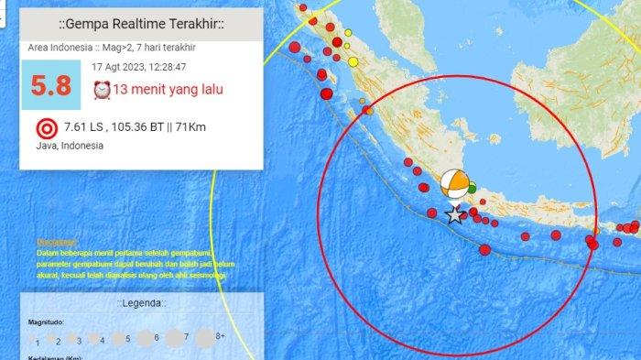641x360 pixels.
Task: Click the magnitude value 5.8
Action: pos(51,85)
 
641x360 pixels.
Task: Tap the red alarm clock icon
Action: pos(102,90)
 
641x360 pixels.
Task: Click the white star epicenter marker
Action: pos(454,215)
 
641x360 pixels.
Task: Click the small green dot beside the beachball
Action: pos(473,189)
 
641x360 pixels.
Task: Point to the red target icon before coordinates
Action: pos(45,128)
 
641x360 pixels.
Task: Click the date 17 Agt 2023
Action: pos(124,67)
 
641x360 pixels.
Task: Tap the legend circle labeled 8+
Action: pos(204,337)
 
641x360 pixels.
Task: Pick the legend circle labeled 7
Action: pos(173,337)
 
